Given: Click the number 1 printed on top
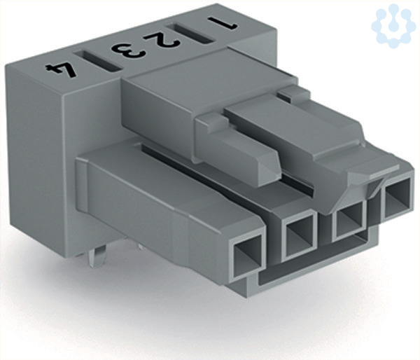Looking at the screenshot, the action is [x=223, y=23].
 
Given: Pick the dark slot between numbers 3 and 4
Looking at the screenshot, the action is [x=98, y=61].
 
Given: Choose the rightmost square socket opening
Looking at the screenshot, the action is [x=397, y=198].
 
